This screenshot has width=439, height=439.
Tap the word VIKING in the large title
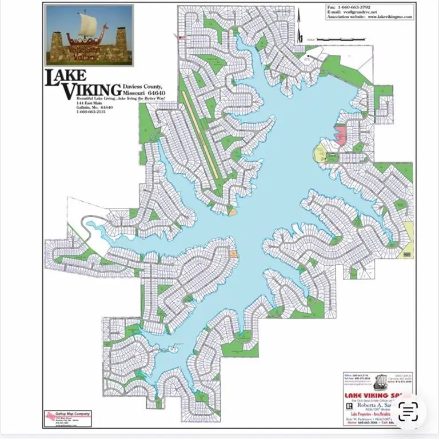(x=91, y=90)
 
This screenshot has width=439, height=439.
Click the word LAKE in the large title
(x=66, y=76)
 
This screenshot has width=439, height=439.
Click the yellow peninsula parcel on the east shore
(x=319, y=153)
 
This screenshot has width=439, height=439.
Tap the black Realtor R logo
(x=349, y=406)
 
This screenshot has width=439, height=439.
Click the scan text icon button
(x=408, y=410)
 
